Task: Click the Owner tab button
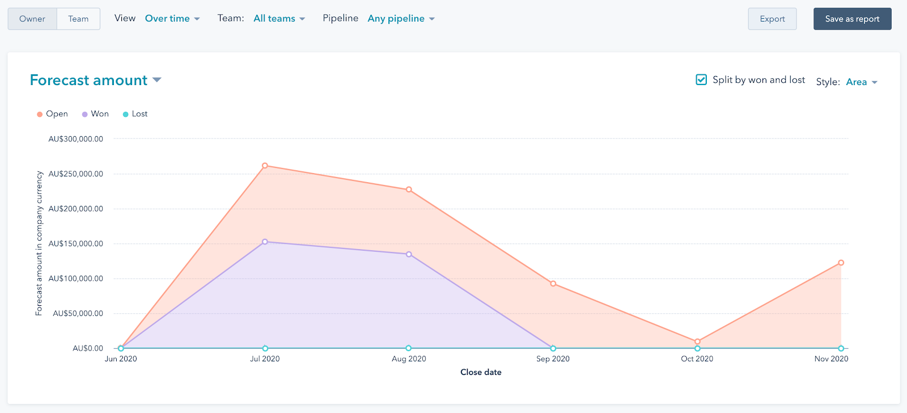(x=32, y=19)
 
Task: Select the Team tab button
(x=78, y=19)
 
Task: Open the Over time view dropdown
(x=172, y=19)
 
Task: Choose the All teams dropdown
(x=279, y=19)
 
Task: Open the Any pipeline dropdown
(x=401, y=19)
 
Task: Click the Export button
(x=772, y=19)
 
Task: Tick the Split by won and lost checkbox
(x=701, y=80)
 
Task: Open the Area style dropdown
(x=861, y=82)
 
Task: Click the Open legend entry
(x=52, y=114)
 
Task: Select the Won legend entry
(x=95, y=114)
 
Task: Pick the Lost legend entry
(x=135, y=114)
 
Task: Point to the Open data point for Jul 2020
(x=265, y=166)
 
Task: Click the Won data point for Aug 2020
(x=409, y=254)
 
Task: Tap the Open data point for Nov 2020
(x=841, y=263)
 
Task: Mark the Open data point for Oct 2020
(x=697, y=342)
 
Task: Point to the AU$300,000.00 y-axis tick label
(x=76, y=139)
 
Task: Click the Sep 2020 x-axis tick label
(x=553, y=359)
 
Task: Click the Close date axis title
(x=481, y=372)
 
